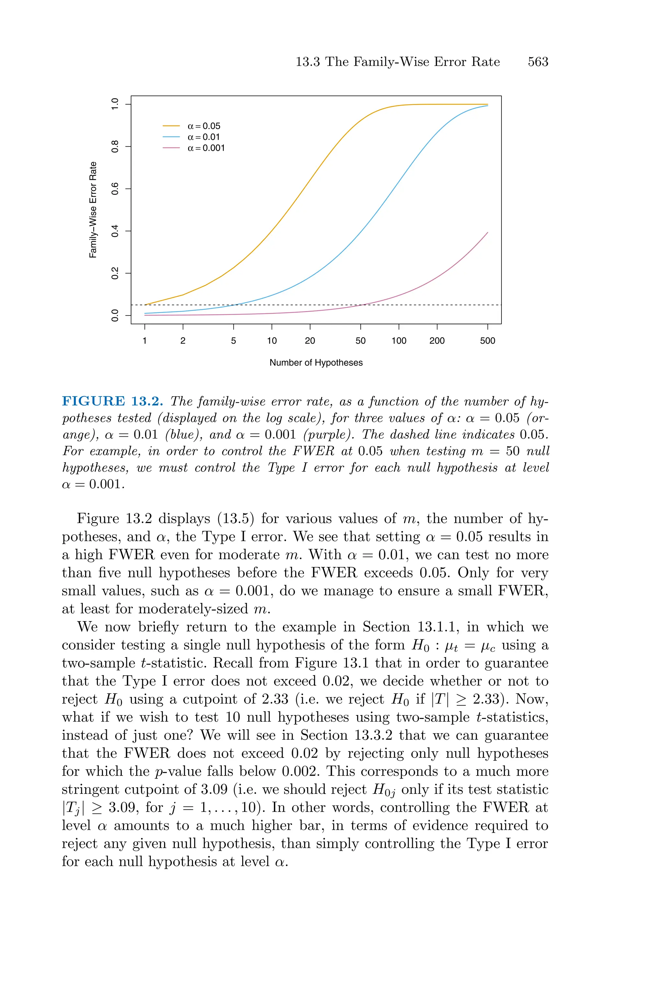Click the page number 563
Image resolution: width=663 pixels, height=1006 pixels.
click(538, 62)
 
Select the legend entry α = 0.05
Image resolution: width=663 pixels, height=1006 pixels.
click(204, 126)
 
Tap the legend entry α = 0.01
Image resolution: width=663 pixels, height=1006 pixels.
click(204, 137)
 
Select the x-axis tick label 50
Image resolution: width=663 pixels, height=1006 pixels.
click(360, 341)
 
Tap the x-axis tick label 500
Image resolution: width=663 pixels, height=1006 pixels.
click(487, 341)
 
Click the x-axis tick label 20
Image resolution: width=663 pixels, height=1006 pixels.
click(310, 341)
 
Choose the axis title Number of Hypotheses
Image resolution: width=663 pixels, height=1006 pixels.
click(316, 363)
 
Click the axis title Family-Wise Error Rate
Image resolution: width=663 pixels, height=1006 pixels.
click(93, 210)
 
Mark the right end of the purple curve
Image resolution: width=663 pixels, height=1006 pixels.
click(488, 232)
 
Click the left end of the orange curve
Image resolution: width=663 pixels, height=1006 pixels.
click(145, 305)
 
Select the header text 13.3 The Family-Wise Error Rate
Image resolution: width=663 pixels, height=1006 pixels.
click(398, 62)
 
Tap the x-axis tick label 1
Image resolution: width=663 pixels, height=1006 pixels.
click(145, 341)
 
